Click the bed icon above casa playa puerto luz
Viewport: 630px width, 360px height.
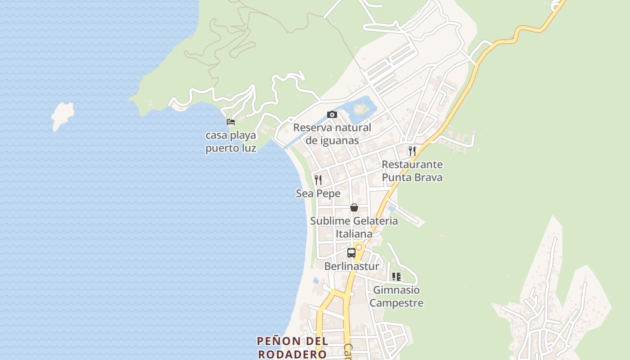tap(231, 121)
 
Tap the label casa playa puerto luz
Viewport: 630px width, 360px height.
tap(231, 142)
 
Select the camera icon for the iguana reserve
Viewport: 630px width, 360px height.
tap(332, 114)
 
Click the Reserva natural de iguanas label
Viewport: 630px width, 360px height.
tap(332, 134)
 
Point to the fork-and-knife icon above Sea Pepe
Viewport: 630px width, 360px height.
tap(318, 180)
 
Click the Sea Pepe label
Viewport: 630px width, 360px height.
tap(318, 193)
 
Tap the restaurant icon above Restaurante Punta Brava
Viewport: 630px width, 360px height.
tap(412, 151)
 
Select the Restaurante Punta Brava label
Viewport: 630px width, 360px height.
tap(412, 171)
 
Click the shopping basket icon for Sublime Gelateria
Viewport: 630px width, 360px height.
tap(354, 207)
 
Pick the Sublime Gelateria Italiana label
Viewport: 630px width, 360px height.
tap(354, 227)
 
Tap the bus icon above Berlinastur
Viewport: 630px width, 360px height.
tap(351, 253)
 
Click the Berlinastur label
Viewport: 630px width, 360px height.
tap(351, 266)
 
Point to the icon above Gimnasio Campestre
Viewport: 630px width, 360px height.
tap(396, 277)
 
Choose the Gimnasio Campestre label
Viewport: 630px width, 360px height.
tap(396, 297)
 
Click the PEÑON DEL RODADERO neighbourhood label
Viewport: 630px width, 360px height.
tap(292, 347)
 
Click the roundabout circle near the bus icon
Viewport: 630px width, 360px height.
tap(359, 247)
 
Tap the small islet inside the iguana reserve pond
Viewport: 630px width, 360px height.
tap(360, 108)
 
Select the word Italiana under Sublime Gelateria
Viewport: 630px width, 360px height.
tap(354, 234)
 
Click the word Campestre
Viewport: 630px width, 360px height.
tap(396, 303)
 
